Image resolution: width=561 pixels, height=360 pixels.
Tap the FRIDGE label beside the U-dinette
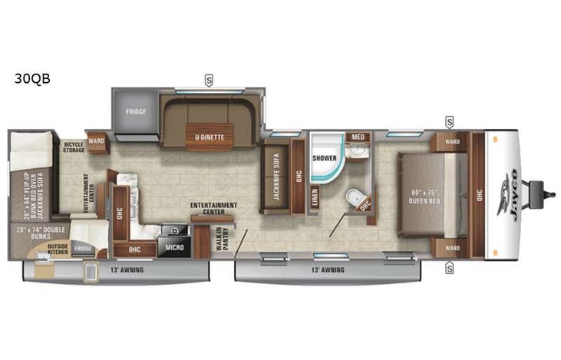point(137,111)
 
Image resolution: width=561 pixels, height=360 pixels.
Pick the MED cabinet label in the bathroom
point(357,137)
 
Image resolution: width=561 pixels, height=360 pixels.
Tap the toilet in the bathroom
point(354,200)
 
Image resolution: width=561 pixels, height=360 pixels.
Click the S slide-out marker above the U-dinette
point(209,78)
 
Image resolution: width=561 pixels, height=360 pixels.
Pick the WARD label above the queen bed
point(451,141)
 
